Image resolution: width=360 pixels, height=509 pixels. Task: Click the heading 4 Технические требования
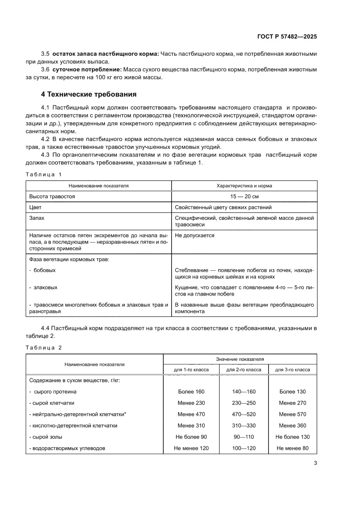click(89, 94)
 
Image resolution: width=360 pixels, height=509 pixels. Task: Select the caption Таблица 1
click(44, 174)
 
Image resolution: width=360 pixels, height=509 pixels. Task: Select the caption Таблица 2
click(44, 347)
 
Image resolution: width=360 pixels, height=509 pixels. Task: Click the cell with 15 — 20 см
click(244, 196)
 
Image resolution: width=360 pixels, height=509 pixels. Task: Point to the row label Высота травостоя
click(52, 196)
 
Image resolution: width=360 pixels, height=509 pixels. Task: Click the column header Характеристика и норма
click(244, 185)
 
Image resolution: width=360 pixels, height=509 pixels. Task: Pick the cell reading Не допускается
click(195, 236)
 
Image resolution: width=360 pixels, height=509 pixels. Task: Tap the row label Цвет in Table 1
click(35, 207)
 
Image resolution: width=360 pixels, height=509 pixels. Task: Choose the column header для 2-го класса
click(244, 370)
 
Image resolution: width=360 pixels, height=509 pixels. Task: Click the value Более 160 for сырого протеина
click(191, 391)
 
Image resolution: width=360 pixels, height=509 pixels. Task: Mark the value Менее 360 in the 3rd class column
click(293, 425)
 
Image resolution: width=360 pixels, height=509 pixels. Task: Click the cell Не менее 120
click(191, 448)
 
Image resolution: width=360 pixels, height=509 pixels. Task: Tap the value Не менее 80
click(293, 448)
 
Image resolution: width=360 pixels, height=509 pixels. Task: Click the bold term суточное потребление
click(87, 69)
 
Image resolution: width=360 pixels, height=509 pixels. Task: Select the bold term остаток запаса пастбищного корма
click(105, 54)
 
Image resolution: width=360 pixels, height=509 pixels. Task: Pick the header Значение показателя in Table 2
click(240, 359)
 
